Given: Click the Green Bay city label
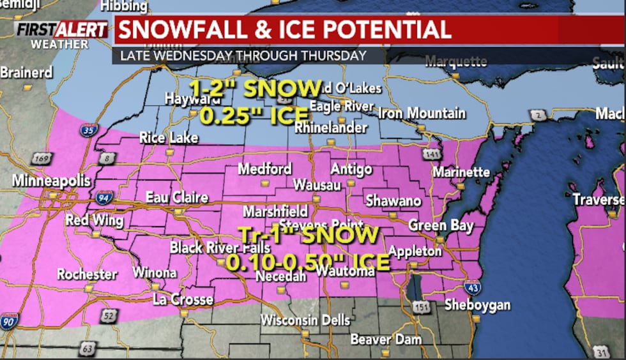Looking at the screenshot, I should (441, 225).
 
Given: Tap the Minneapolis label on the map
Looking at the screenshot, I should (52, 181).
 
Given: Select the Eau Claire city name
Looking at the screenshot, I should (177, 197).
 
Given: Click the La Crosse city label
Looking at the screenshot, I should (183, 299).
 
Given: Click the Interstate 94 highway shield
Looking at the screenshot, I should (105, 197).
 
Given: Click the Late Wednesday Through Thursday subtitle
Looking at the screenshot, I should (240, 56).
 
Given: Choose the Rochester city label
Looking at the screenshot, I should (87, 274).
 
